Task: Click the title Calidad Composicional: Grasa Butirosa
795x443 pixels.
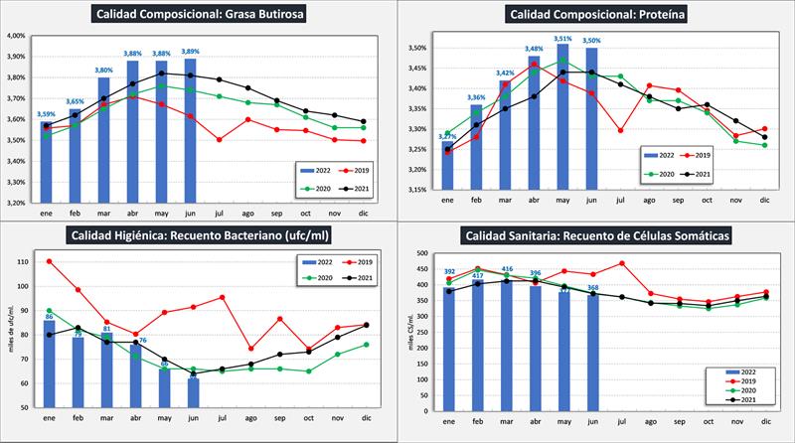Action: point(198,14)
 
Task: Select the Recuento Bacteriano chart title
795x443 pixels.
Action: point(199,235)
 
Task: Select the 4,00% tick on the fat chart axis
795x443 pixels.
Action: point(16,35)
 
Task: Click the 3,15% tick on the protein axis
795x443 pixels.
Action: point(415,189)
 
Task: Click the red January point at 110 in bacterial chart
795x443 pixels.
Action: point(48,261)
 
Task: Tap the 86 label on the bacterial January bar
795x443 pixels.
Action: point(48,315)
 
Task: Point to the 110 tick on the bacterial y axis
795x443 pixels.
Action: point(22,261)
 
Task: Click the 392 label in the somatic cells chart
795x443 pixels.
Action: point(449,271)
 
